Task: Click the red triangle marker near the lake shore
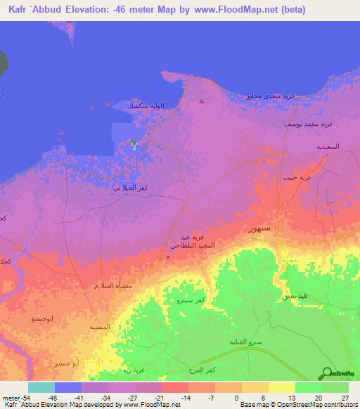[202, 101]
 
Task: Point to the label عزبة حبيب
[295, 177]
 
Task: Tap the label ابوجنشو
[45, 319]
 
